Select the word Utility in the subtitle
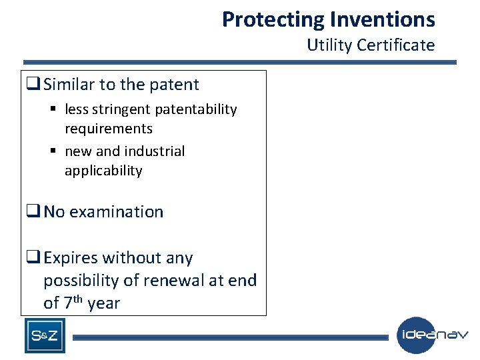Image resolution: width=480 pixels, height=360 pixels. coord(329,45)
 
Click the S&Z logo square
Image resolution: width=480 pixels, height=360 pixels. coord(45,335)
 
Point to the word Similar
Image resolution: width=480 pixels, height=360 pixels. coord(69,85)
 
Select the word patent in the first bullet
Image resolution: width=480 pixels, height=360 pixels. coord(175,85)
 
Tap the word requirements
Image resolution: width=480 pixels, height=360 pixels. coord(108,129)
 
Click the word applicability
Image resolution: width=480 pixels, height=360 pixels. coord(103,171)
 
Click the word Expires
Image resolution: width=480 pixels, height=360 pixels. coord(71,258)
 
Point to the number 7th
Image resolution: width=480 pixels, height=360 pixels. coord(73,303)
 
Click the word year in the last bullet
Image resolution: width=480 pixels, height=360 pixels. coord(103,303)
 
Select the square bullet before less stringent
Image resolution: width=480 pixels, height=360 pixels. coord(53,109)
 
